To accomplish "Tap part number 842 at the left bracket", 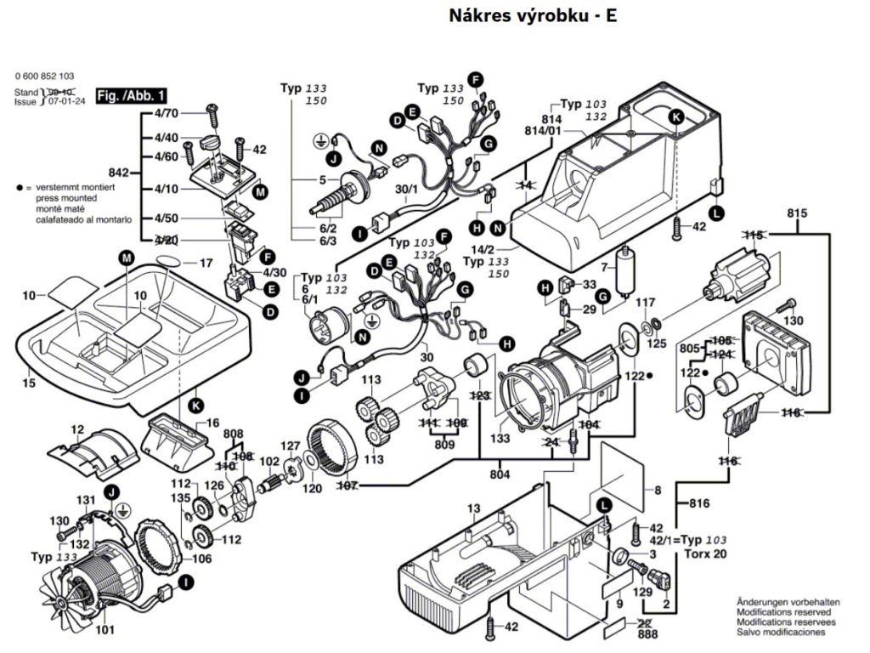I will [122, 170].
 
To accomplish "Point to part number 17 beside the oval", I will [206, 264].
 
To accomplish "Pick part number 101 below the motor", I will [105, 630].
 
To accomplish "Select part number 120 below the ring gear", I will [312, 489].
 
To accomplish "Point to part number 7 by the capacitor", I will [605, 269].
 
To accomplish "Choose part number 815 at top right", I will [796, 213].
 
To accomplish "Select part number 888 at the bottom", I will [648, 634].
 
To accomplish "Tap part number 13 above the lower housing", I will [473, 508].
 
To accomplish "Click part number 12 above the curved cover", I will [77, 430].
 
